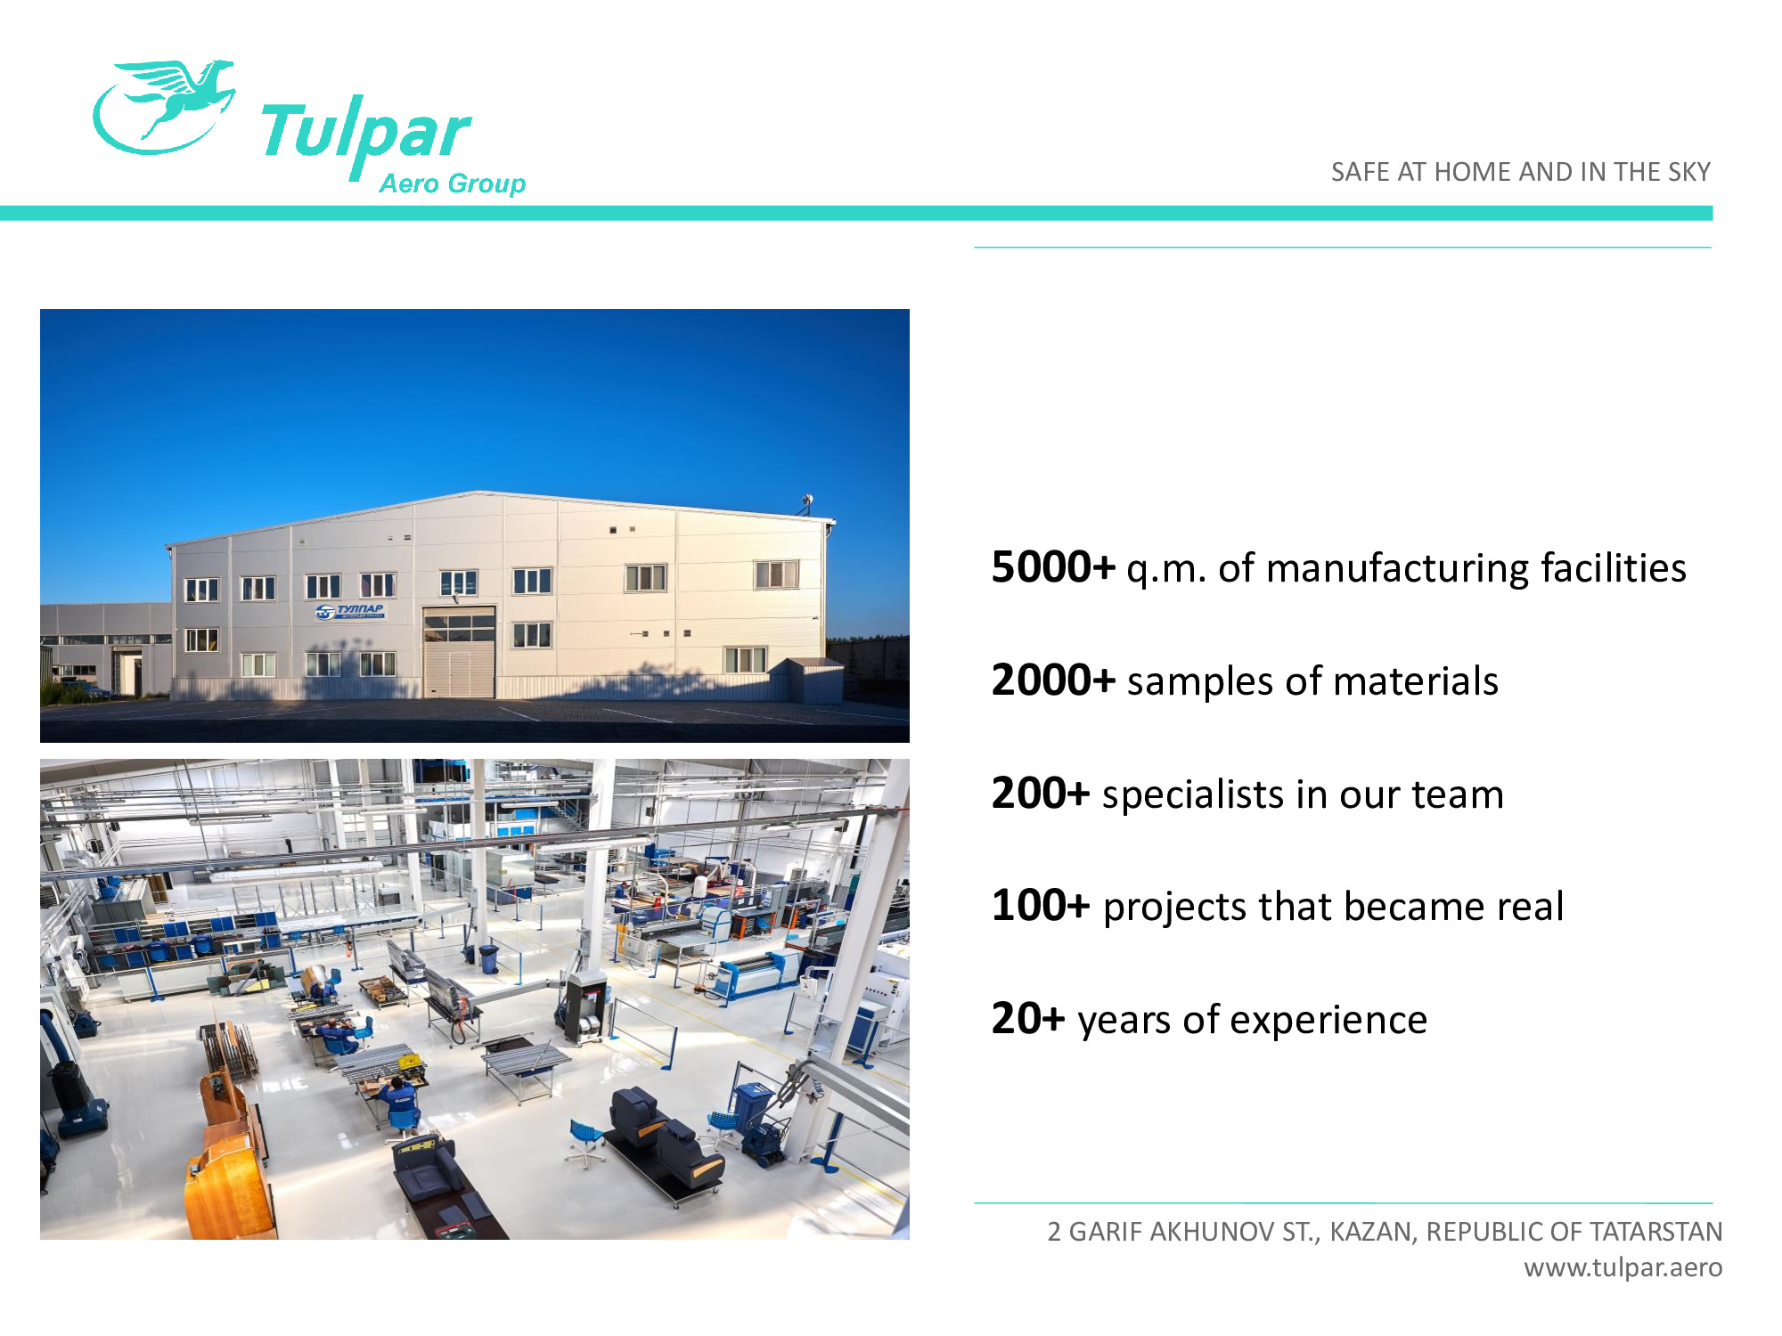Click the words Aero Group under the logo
point(453,183)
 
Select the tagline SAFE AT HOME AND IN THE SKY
point(1520,172)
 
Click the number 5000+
point(1053,567)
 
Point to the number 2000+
point(1053,680)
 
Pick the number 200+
point(1041,794)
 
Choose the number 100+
point(1041,906)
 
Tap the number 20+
point(1028,1019)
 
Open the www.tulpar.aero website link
point(1623,1267)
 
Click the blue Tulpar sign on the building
point(350,611)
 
